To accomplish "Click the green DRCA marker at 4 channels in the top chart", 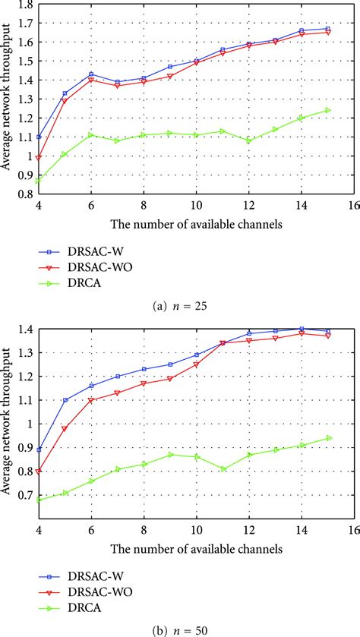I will click(38, 181).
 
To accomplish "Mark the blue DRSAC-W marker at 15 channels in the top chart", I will click(328, 29).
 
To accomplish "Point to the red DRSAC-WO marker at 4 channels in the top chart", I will click(38, 158).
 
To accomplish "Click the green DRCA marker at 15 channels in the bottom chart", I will click(328, 438).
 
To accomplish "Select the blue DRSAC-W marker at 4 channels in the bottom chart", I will click(38, 449).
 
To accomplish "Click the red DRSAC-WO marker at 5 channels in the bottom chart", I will click(65, 429).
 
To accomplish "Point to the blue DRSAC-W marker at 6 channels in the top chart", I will click(91, 74).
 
